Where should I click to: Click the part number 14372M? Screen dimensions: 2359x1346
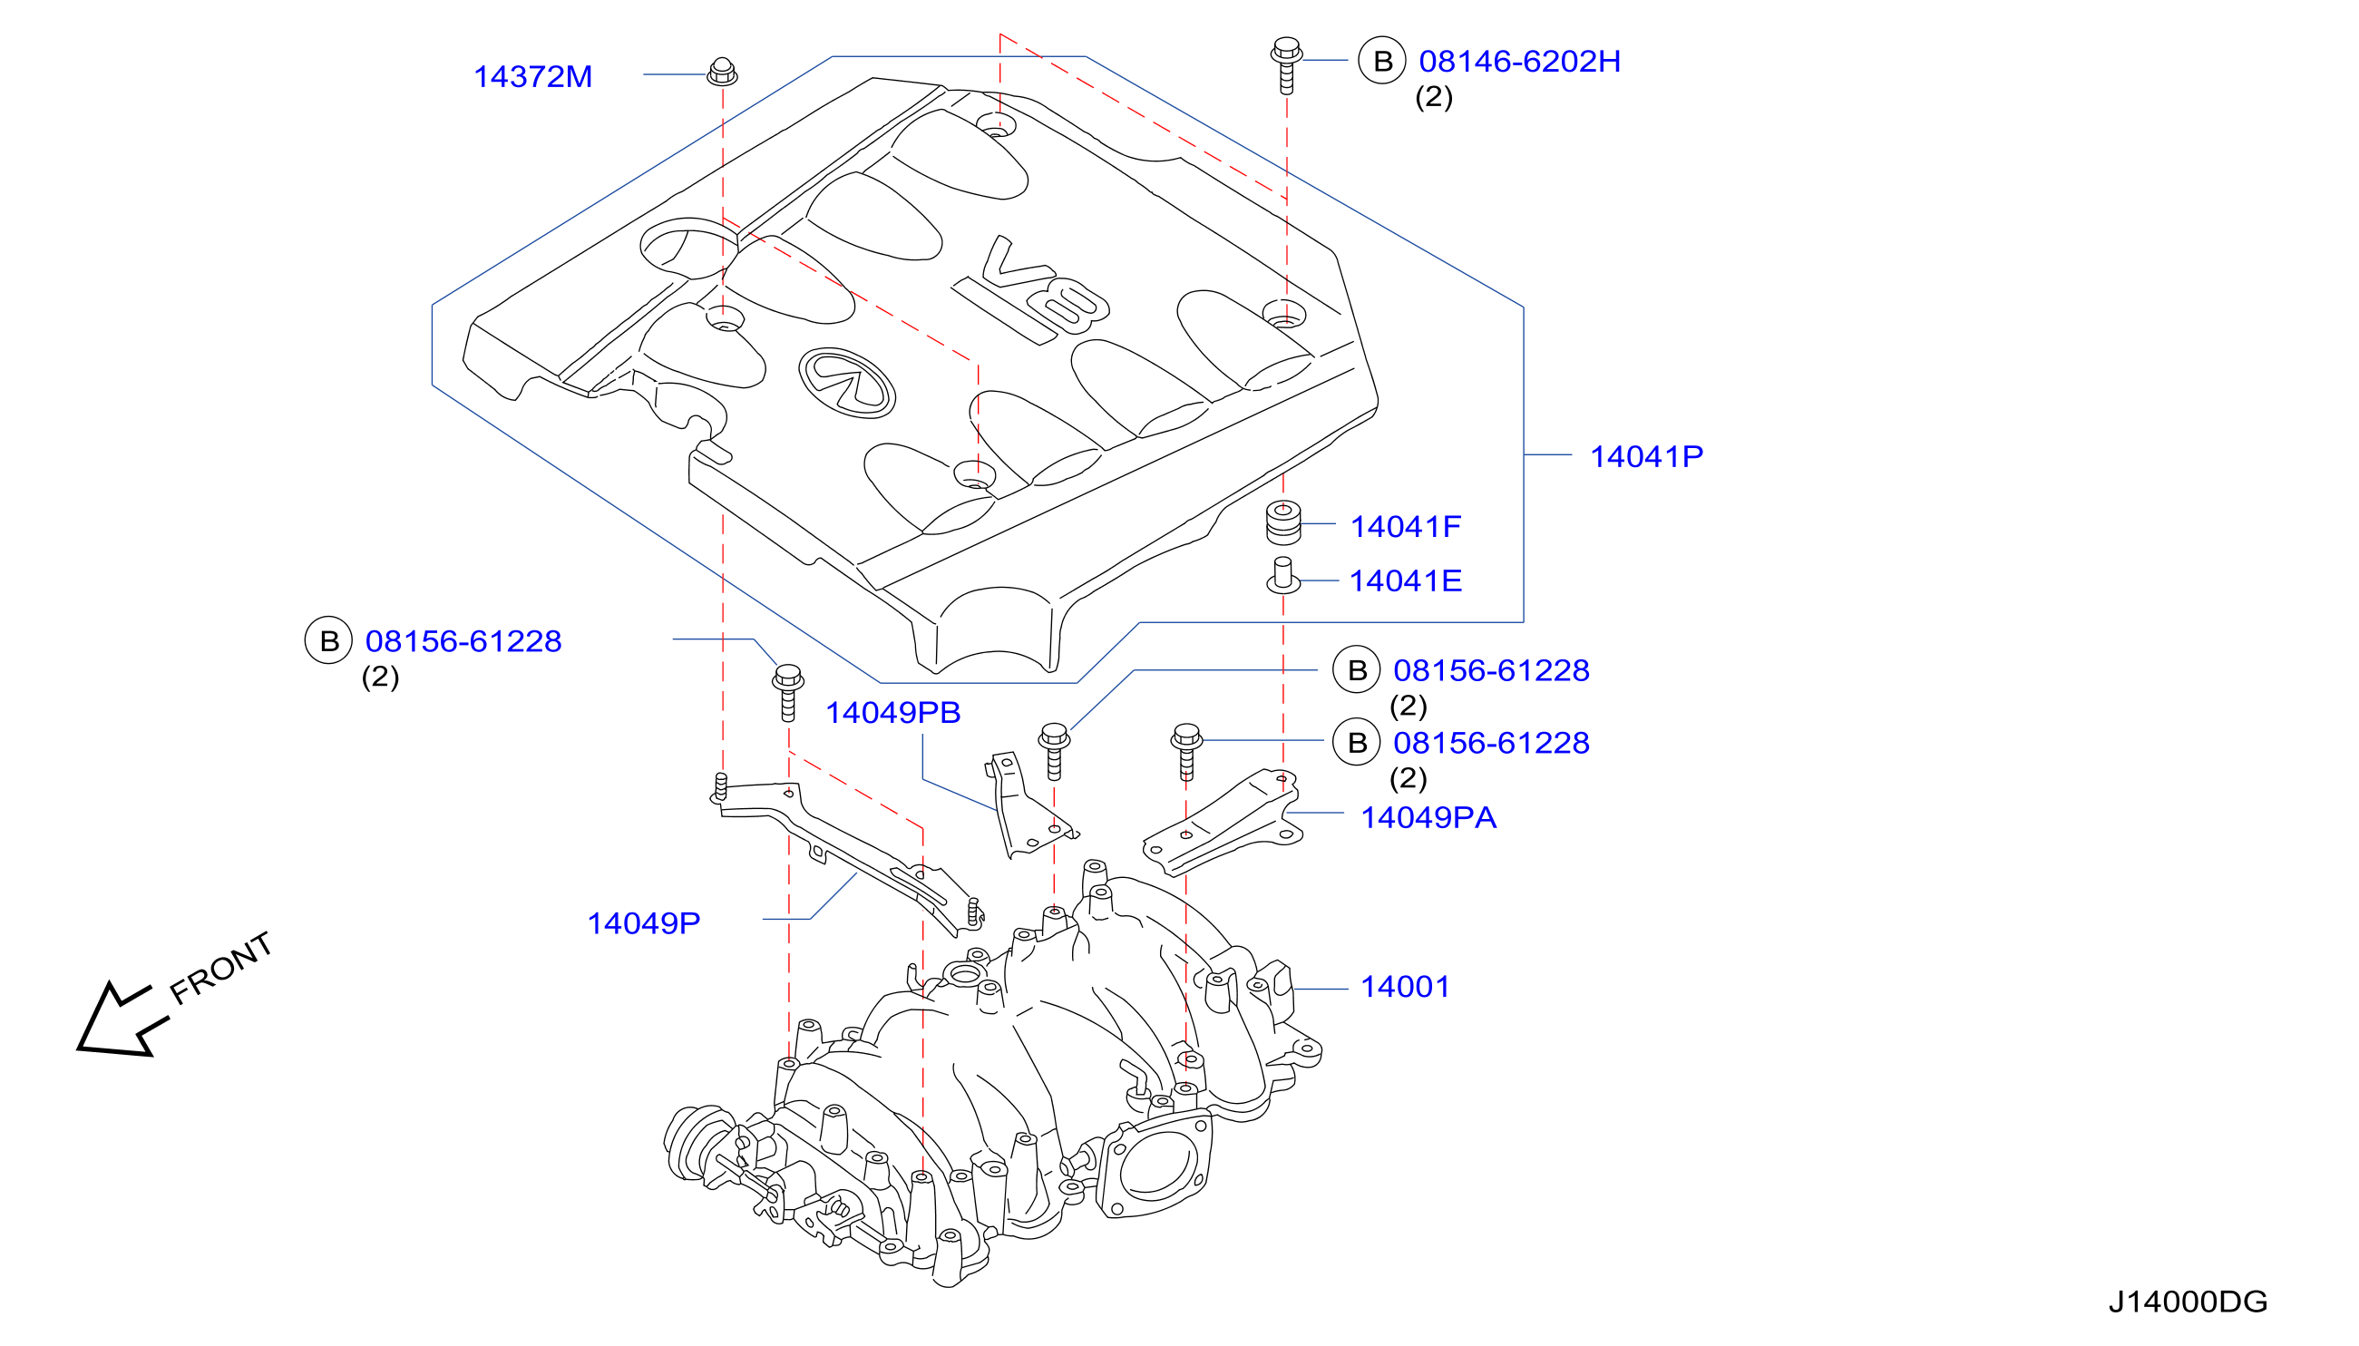[x=532, y=77]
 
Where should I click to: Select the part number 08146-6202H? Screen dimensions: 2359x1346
[x=1520, y=61]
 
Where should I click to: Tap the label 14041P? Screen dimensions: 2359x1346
[x=1646, y=455]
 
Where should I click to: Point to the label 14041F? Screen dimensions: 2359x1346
[x=1405, y=526]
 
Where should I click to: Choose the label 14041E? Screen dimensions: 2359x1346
[x=1405, y=580]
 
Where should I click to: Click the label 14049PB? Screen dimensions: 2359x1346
[x=892, y=712]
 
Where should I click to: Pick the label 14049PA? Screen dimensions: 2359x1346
[x=1428, y=817]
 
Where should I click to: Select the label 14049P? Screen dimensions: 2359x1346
[x=643, y=922]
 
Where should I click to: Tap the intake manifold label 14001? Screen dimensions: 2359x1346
[x=1404, y=987]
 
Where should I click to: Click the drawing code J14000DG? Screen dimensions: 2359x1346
[x=2187, y=1302]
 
